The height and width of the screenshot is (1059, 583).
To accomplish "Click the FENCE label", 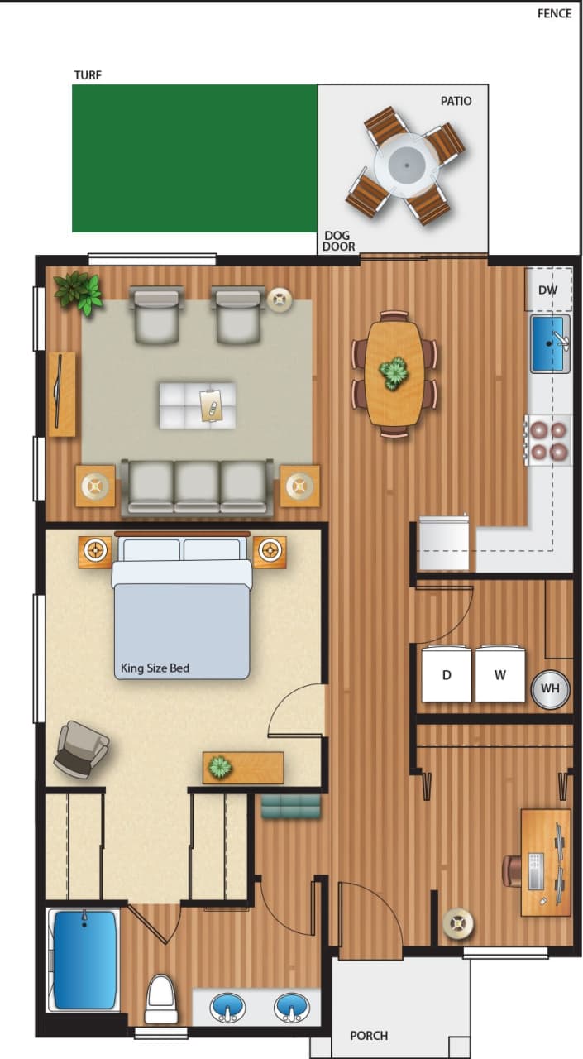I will [x=554, y=13].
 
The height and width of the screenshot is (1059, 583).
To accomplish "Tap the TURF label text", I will [x=88, y=75].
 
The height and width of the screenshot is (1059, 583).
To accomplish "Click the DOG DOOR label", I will [x=339, y=241].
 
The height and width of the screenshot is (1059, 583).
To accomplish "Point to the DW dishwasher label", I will [x=547, y=290].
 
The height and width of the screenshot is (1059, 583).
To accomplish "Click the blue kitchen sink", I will [x=548, y=343].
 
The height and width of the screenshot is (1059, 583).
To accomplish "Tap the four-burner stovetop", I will [x=548, y=440].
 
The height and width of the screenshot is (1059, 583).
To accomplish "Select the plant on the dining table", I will [x=394, y=373].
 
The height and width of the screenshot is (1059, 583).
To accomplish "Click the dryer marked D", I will [x=447, y=674].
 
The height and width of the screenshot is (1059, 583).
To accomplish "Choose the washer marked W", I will [x=500, y=674].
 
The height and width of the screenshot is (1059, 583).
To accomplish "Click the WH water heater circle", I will [x=550, y=688].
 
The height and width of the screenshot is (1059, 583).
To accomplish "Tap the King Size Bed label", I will [x=155, y=668].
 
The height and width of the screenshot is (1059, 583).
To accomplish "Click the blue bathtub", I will [x=84, y=960].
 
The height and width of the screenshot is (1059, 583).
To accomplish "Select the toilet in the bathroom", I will [x=161, y=999].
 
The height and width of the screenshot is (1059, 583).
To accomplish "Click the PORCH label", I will [x=369, y=1035].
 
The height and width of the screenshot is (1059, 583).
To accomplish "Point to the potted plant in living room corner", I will [x=79, y=292].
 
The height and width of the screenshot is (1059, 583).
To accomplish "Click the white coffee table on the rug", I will [x=198, y=405].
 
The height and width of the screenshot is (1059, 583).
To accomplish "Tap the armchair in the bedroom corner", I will [x=81, y=749].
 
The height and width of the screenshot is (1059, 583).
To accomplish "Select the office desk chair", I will [x=511, y=871].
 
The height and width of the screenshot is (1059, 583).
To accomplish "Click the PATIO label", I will [x=456, y=101].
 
